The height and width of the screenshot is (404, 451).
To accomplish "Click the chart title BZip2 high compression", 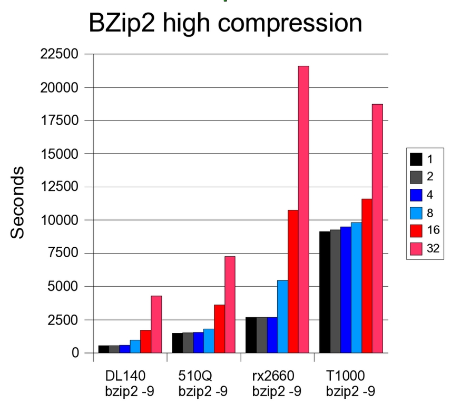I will (225, 24).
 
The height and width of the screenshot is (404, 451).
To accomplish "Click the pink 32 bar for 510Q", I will (230, 305).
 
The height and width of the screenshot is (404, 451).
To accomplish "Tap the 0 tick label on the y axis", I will (75, 353).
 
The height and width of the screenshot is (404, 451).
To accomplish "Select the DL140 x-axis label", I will (125, 376).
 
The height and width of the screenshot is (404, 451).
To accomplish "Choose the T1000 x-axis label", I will (346, 376).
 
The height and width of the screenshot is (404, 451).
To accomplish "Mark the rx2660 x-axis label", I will (272, 376).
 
